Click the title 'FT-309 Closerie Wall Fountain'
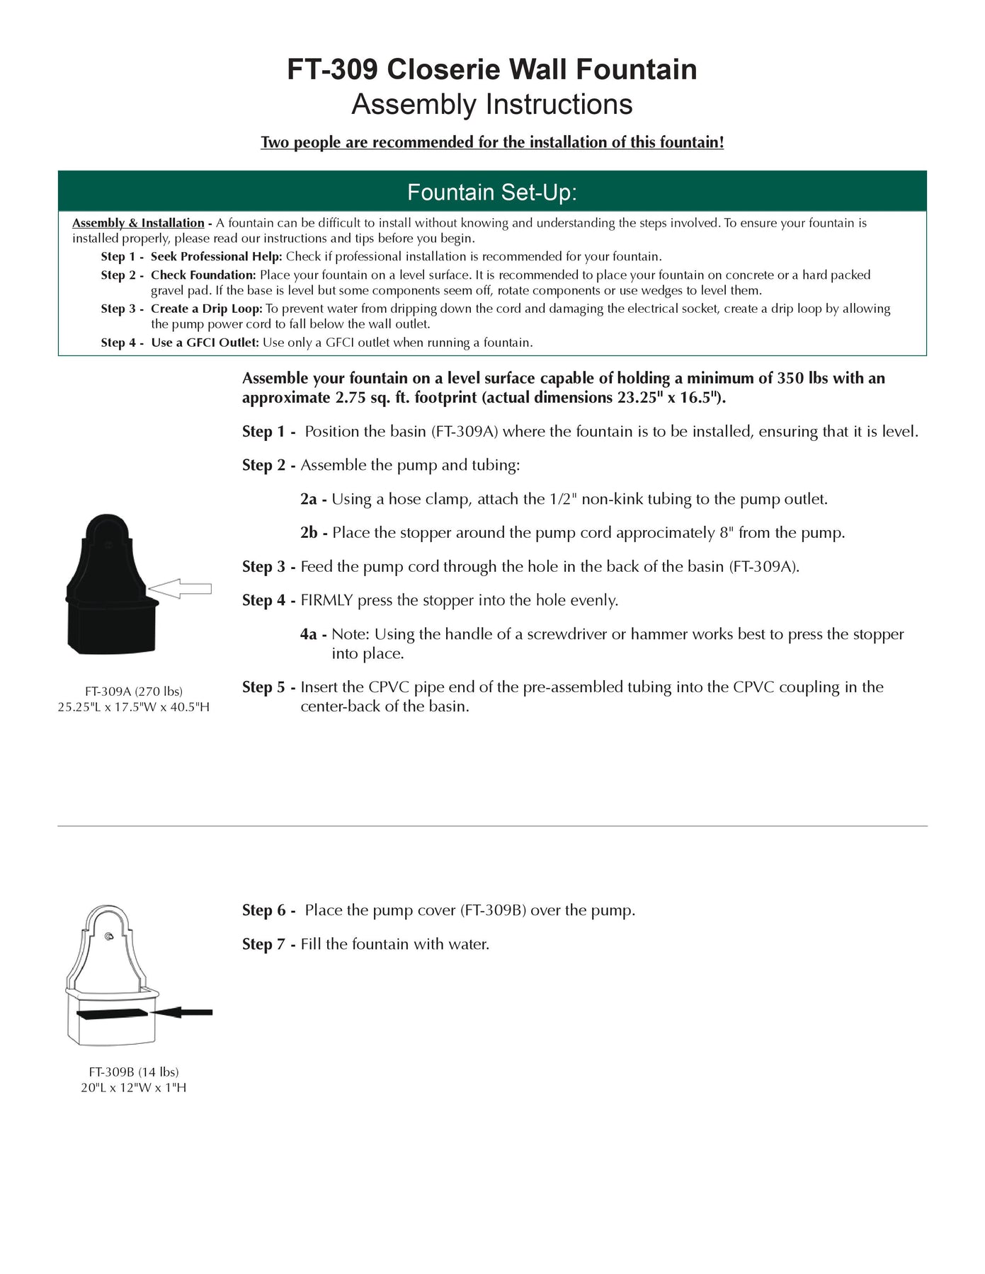pos(492,69)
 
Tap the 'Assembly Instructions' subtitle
pos(492,105)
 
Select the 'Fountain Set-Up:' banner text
pos(492,192)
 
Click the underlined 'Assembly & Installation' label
pos(138,223)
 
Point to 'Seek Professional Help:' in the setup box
pos(216,256)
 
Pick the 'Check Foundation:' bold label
pos(203,275)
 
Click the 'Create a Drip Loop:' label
pos(206,309)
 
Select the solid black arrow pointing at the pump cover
pos(182,1013)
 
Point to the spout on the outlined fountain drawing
pos(108,936)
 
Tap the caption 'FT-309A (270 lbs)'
pos(134,691)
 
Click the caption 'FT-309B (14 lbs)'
pos(134,1072)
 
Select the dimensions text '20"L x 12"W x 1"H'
pos(134,1087)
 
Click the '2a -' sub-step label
pos(313,499)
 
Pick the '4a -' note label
pos(313,634)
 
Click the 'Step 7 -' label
pos(268,944)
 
